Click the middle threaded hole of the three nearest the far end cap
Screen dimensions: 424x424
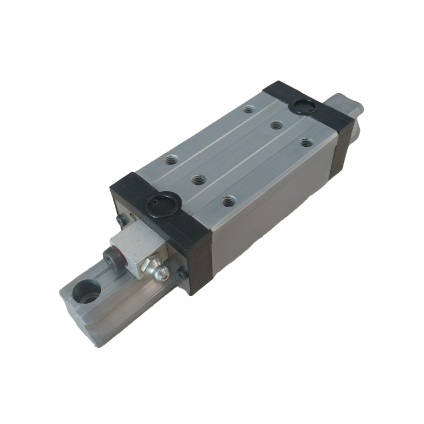[275, 125]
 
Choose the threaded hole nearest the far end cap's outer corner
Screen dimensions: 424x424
[305, 142]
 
